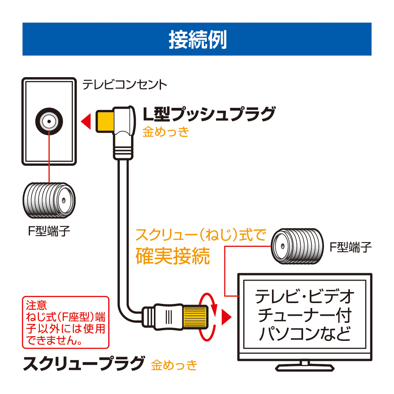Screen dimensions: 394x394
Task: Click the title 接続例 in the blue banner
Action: coord(197,39)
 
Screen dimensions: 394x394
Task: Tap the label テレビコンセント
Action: coord(124,85)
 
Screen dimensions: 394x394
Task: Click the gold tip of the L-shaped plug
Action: coord(104,121)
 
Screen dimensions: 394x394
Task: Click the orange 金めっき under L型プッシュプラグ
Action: coord(165,132)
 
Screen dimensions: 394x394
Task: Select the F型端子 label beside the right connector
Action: coord(350,247)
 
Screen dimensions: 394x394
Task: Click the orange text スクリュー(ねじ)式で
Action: coord(201,236)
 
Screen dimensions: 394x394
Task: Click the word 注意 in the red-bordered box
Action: coord(36,305)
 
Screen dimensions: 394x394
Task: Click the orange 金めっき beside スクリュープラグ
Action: coord(174,365)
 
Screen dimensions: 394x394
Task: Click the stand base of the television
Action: coord(305,367)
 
